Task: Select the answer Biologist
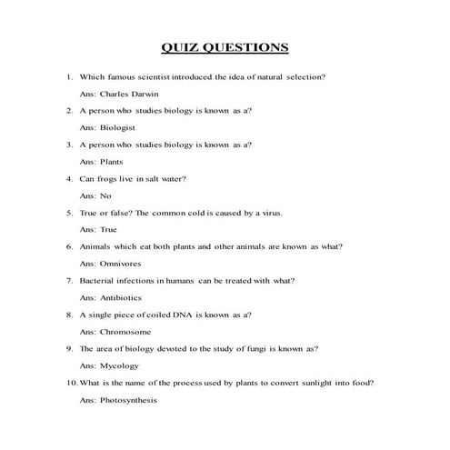pos(117,127)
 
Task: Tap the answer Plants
pos(112,161)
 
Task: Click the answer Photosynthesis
pos(128,400)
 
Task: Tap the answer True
pos(108,229)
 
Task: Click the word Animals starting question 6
pos(96,246)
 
